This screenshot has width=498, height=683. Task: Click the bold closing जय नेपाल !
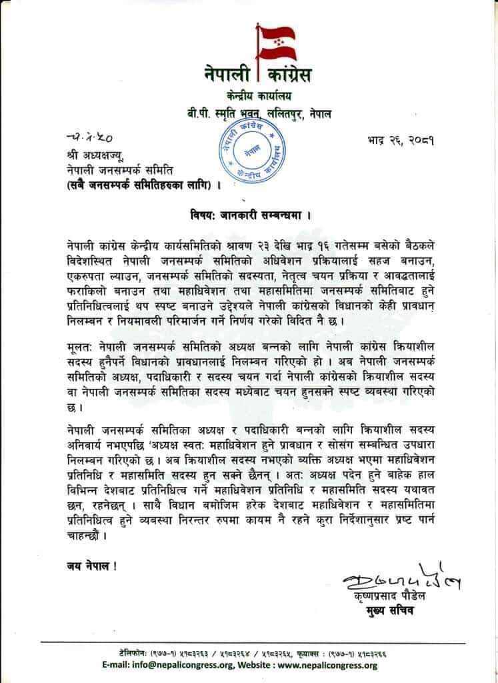tap(82, 567)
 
